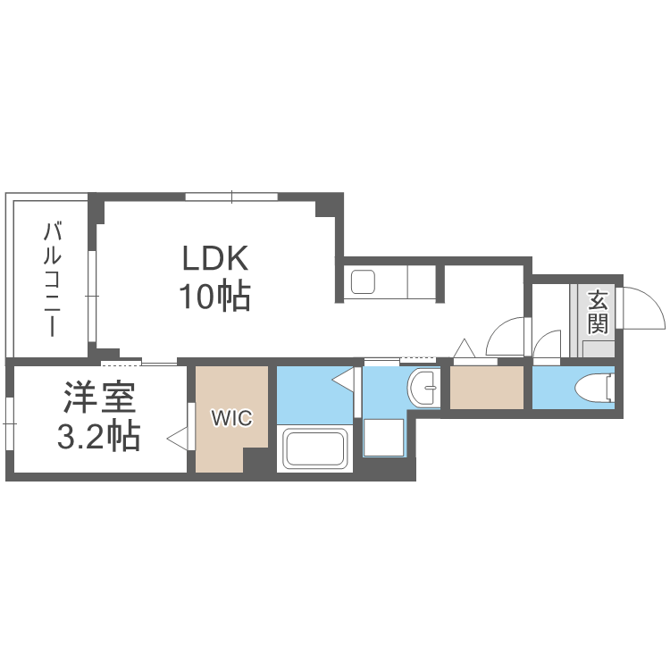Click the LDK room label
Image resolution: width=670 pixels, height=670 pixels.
tap(214, 258)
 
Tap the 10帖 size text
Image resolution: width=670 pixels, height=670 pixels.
tap(214, 296)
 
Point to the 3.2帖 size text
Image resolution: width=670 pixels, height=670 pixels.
tap(98, 437)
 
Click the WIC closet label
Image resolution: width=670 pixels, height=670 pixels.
tap(231, 417)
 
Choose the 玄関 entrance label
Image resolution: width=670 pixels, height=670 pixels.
tap(598, 310)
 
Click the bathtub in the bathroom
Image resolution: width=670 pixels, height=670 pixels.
tap(314, 449)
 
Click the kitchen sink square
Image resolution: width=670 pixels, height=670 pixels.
tap(364, 283)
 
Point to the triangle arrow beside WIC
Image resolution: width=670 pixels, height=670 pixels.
tap(178, 439)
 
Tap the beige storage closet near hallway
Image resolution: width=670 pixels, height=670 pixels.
tap(486, 388)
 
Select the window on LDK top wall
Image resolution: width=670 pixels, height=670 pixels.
tap(231, 197)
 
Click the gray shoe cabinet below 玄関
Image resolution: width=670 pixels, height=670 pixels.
tap(597, 348)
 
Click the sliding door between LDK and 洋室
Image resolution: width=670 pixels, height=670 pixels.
tap(139, 362)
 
